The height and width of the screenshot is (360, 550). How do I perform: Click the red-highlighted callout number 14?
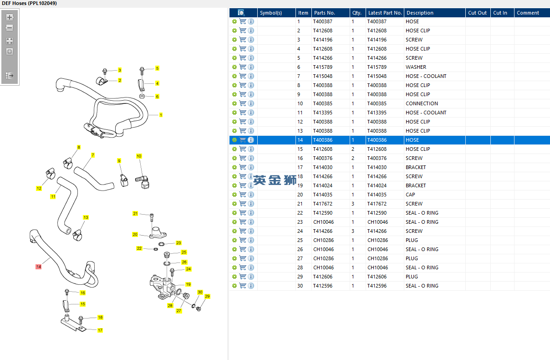(38, 267)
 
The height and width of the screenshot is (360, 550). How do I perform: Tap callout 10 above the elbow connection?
(139, 156)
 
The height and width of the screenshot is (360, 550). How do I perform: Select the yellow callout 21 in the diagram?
(135, 214)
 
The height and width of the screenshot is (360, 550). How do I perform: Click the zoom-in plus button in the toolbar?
(10, 17)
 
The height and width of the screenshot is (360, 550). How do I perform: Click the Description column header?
(420, 13)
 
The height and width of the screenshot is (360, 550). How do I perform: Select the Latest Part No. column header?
(385, 13)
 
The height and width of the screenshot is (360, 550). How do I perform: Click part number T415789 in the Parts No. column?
(323, 67)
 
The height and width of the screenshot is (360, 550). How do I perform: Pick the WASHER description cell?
(416, 67)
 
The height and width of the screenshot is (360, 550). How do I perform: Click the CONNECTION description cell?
(422, 103)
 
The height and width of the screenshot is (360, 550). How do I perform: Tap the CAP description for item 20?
(410, 195)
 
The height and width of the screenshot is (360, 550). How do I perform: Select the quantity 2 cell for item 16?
(353, 158)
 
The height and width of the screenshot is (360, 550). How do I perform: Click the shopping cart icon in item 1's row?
(243, 21)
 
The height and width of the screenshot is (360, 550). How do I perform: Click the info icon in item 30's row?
(251, 286)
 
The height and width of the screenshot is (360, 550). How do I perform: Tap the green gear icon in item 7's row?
(234, 76)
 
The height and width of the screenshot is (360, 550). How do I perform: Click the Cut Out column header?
(477, 13)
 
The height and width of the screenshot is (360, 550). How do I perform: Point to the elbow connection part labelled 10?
(143, 181)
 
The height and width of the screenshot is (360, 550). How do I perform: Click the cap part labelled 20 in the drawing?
(158, 232)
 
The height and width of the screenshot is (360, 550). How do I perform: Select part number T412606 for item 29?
(323, 277)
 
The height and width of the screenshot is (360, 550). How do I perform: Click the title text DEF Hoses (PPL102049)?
(29, 3)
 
